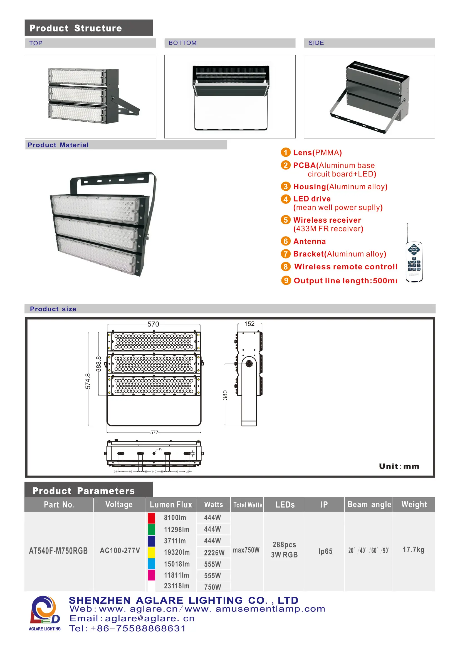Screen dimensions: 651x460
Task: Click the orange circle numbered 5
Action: click(286, 220)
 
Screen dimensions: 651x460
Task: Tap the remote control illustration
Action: click(414, 261)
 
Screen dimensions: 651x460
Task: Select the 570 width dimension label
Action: click(153, 324)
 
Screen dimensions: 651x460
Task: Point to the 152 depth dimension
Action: click(249, 324)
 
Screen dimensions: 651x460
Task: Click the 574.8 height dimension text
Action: click(88, 381)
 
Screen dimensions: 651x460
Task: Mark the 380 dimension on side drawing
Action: click(225, 395)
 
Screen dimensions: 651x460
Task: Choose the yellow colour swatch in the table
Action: click(152, 552)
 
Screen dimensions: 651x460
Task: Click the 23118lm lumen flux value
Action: click(177, 586)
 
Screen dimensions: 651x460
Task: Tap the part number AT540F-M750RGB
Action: click(58, 551)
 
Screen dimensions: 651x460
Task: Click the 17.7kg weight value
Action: click(413, 550)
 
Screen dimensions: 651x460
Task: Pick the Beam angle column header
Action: click(369, 504)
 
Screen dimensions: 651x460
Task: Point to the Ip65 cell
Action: click(325, 551)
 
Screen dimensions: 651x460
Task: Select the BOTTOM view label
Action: click(182, 43)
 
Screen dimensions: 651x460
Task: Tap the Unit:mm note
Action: click(399, 466)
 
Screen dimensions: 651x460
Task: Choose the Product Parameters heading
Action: click(83, 491)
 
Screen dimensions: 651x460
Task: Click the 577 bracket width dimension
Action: click(154, 432)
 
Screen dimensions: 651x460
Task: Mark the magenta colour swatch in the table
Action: click(152, 575)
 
